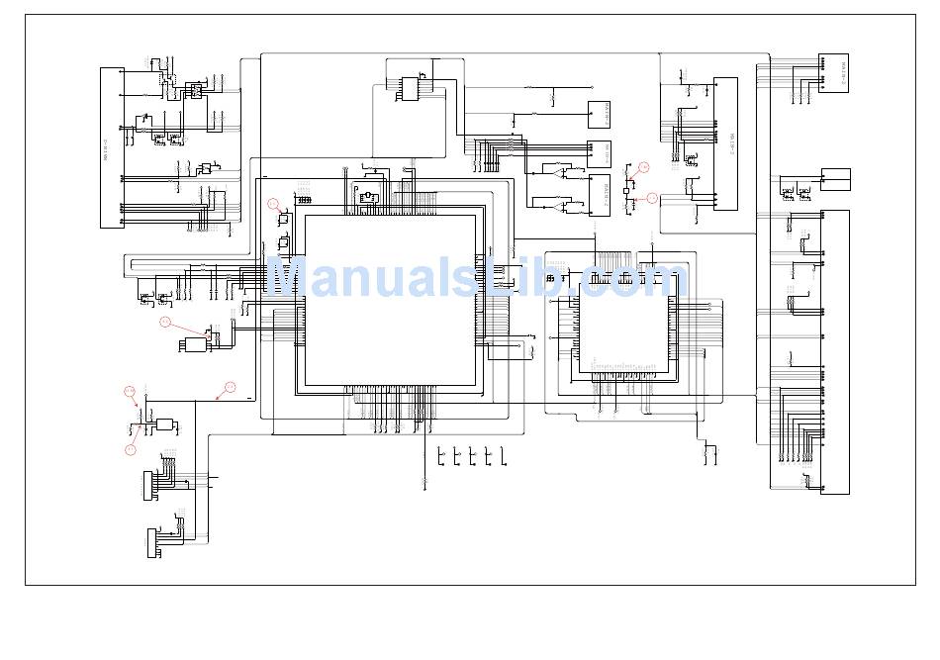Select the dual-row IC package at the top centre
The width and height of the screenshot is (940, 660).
411,88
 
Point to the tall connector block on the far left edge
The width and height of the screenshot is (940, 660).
113,148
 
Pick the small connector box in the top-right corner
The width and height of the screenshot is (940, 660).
833,73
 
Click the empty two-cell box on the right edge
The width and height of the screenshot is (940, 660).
835,180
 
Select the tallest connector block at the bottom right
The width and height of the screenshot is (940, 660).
835,352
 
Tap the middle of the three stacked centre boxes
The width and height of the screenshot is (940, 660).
599,153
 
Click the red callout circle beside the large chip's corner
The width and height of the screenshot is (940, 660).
274,204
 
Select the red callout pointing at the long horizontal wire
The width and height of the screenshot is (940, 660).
230,388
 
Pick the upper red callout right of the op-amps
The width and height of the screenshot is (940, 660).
643,168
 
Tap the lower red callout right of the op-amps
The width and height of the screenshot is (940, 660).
652,199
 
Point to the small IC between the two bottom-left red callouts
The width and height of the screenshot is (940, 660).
164,424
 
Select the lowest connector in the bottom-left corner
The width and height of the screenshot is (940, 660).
152,543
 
